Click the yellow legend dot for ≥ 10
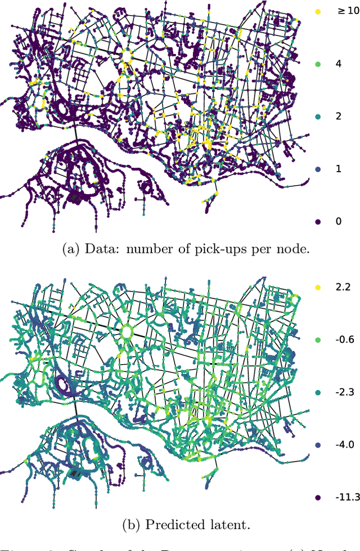pyautogui.click(x=318, y=11)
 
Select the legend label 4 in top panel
pyautogui.click(x=338, y=64)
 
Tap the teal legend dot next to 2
pyautogui.click(x=318, y=117)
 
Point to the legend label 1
pyautogui.click(x=338, y=169)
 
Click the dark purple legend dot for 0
pyautogui.click(x=318, y=222)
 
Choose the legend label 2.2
pyautogui.click(x=343, y=287)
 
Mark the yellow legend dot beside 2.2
pyautogui.click(x=318, y=287)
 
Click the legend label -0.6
pyautogui.click(x=344, y=339)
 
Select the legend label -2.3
pyautogui.click(x=344, y=392)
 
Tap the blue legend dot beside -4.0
pyautogui.click(x=318, y=445)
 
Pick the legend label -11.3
pyautogui.click(x=346, y=498)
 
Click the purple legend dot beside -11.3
pyautogui.click(x=318, y=498)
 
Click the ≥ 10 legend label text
pyautogui.click(x=344, y=11)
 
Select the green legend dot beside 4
pyautogui.click(x=318, y=64)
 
